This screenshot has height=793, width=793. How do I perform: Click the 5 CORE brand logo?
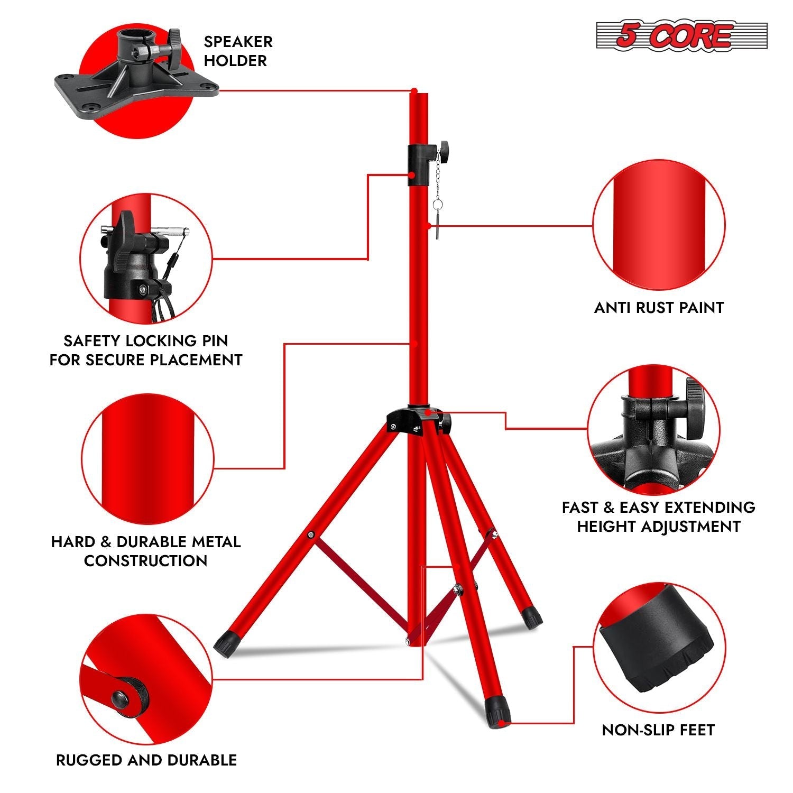(x=681, y=36)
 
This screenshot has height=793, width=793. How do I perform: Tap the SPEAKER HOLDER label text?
(x=238, y=51)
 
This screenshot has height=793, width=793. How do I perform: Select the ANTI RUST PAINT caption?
(x=659, y=308)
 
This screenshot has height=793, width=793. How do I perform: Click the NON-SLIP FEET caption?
(x=658, y=730)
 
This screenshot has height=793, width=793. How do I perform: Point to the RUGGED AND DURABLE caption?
(x=146, y=760)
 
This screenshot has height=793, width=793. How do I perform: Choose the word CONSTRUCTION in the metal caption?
(x=145, y=561)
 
